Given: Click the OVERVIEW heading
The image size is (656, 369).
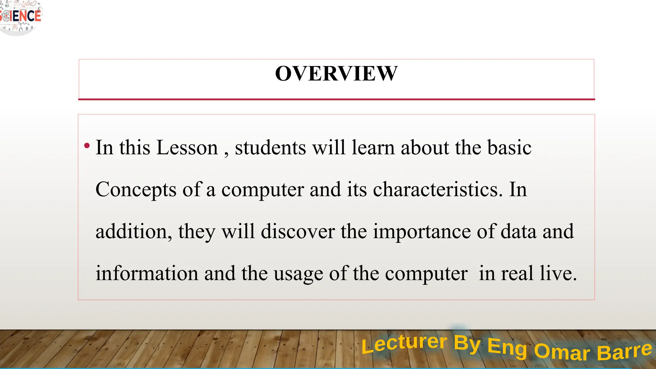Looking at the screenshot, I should (x=336, y=74).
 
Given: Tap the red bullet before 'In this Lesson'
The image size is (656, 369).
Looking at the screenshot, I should (x=87, y=146).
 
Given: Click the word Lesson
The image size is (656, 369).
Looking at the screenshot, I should (x=187, y=148).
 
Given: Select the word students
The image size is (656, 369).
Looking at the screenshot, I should (x=270, y=148).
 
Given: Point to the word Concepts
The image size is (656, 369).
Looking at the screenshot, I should (x=136, y=190).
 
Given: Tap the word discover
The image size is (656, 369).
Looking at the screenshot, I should (x=298, y=232).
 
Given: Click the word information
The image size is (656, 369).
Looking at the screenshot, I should (x=147, y=274).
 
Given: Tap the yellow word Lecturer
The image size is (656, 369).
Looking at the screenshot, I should (x=404, y=344).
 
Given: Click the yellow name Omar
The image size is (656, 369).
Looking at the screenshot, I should (x=562, y=352).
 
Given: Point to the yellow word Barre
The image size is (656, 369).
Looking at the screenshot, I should (x=624, y=351).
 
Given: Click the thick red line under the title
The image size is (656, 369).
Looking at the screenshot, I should (x=336, y=99).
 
